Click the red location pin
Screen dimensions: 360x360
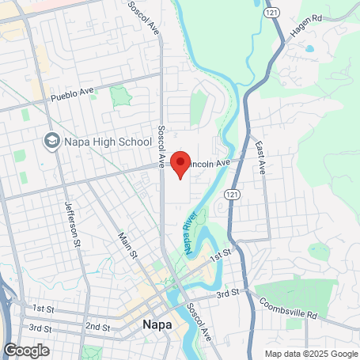click(x=180, y=164)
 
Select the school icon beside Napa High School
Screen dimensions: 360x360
click(x=52, y=141)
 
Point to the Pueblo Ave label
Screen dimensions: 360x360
click(x=72, y=96)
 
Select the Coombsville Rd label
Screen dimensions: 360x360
click(x=290, y=309)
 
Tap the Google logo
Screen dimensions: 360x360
click(x=26, y=349)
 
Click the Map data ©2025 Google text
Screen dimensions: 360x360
click(x=310, y=353)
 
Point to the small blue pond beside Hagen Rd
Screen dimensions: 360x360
click(x=309, y=49)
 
